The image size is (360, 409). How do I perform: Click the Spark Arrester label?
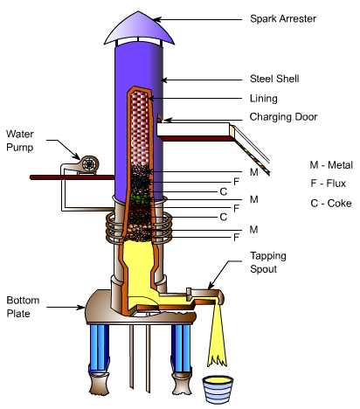(x=283, y=19)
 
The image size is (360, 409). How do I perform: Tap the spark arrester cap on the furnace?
(x=139, y=29)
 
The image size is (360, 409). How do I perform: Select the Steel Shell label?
(x=274, y=79)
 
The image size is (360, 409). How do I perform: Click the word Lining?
(x=263, y=99)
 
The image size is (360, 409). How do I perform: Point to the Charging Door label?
(x=283, y=117)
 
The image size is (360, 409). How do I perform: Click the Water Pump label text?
(x=20, y=141)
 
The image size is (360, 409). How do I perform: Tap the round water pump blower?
(x=89, y=164)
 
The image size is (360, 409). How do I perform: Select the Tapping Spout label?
(x=268, y=262)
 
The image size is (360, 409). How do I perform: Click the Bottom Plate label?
(x=23, y=307)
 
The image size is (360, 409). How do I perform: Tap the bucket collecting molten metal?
(x=218, y=389)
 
